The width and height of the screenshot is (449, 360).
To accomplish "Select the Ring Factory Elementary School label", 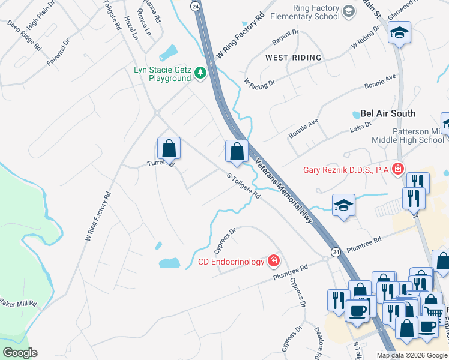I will [x=308, y=13].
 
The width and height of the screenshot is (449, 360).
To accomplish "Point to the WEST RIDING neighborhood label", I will [x=294, y=58].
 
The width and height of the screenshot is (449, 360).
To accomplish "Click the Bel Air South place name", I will [x=388, y=113].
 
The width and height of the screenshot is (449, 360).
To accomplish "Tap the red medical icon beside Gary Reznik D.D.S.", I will [x=397, y=170].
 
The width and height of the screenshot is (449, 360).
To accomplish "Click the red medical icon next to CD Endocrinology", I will [x=274, y=261].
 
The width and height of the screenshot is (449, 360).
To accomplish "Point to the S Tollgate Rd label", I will [x=243, y=187].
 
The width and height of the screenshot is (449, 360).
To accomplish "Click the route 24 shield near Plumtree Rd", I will [x=335, y=250].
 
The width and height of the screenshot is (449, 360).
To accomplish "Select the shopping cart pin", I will [x=433, y=310].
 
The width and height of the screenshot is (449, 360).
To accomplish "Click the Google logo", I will [x=20, y=353].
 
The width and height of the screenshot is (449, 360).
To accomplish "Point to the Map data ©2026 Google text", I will [x=411, y=355].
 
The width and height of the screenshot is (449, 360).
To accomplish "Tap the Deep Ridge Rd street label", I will [x=25, y=36].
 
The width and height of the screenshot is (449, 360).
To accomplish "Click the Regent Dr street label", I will [x=285, y=37].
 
